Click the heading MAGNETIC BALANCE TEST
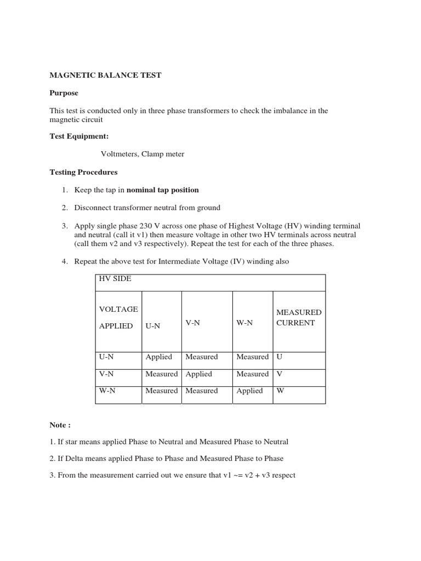pyautogui.click(x=105, y=75)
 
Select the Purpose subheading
pyautogui.click(x=64, y=93)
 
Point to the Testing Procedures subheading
pyautogui.click(x=83, y=172)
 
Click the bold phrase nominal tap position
pyautogui.click(x=163, y=190)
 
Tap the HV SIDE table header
pyautogui.click(x=115, y=278)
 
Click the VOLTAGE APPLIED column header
pyautogui.click(x=118, y=317)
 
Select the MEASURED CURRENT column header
pyautogui.click(x=299, y=317)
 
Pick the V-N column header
pyautogui.click(x=192, y=323)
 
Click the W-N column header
pyautogui.click(x=244, y=323)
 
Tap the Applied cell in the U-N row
pyautogui.click(x=159, y=357)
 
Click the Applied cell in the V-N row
pyautogui.click(x=198, y=374)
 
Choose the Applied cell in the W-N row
pyautogui.click(x=249, y=391)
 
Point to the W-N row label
pyautogui.click(x=107, y=391)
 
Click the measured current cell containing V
pyautogui.click(x=280, y=374)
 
